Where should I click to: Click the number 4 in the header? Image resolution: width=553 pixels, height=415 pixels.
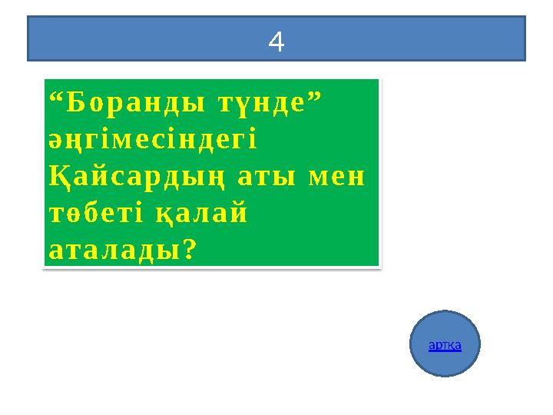[x=276, y=43]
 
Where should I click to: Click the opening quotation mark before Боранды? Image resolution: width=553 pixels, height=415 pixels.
[x=54, y=97]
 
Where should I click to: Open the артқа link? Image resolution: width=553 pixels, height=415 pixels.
[x=445, y=345]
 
